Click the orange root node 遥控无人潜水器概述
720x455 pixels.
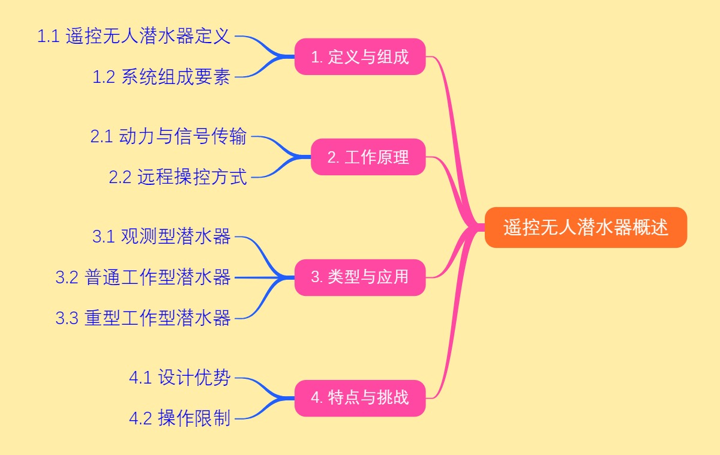tap(586, 227)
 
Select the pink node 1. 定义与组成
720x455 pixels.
tap(360, 57)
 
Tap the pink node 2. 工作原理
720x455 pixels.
tap(368, 157)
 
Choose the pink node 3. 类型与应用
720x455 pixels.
tap(360, 277)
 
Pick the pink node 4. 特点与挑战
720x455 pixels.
tap(360, 397)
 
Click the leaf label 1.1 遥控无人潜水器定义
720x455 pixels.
tap(134, 37)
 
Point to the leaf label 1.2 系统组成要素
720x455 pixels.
tap(161, 77)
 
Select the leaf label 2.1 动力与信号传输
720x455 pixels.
tap(169, 137)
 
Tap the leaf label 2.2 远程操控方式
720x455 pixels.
tap(178, 177)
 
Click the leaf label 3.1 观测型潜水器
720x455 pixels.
tap(161, 237)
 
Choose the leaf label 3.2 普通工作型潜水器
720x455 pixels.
tap(143, 277)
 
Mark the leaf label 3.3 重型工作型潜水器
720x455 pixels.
tap(143, 318)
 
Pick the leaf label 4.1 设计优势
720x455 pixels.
tap(179, 378)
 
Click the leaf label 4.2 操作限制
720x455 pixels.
tap(179, 418)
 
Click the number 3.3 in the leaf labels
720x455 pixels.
tap(67, 318)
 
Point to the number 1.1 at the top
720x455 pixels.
tap(48, 37)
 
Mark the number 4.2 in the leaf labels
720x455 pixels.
tap(140, 418)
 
